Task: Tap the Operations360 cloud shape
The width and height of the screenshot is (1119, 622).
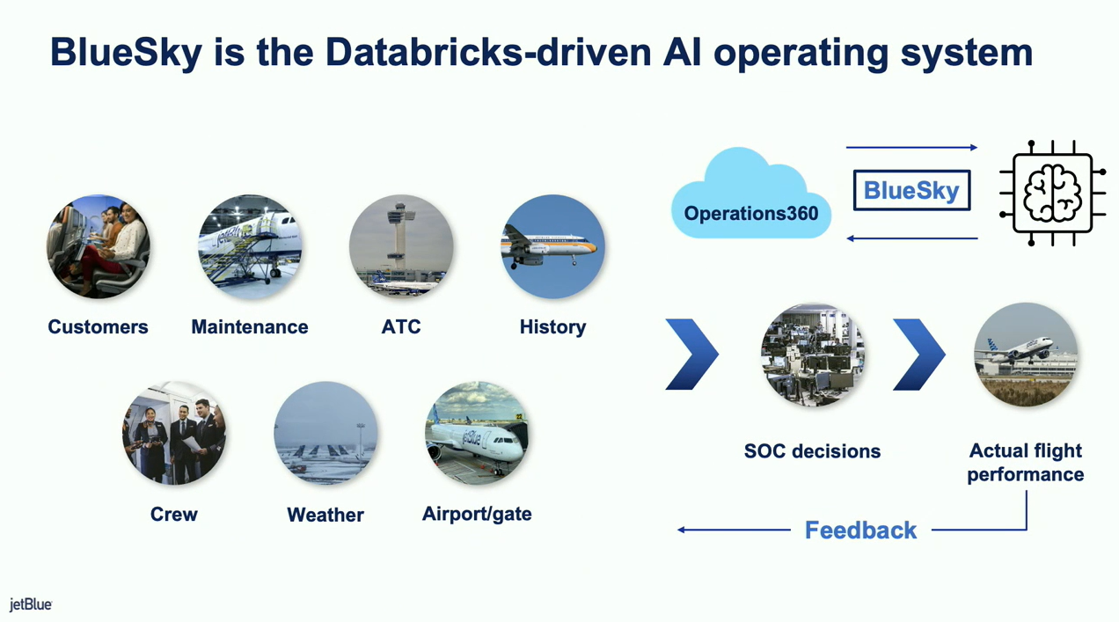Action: coord(750,193)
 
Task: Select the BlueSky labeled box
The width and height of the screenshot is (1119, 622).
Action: coord(911,190)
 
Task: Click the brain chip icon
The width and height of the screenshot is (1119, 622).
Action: coord(1052,194)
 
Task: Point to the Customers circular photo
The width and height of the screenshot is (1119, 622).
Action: coord(99,246)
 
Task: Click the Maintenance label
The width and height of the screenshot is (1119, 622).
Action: coord(250,326)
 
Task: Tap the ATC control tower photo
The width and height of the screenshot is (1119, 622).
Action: coord(401,246)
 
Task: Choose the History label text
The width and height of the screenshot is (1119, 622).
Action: coord(552,327)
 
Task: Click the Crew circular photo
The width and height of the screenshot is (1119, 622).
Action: coord(174,433)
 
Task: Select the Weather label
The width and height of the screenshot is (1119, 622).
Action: coord(325,515)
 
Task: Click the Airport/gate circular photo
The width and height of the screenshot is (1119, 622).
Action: coord(477,433)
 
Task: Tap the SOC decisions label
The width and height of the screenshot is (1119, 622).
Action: coord(812,451)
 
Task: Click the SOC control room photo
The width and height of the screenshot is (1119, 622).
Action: coord(813,355)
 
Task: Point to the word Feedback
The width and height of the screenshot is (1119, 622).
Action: coord(860,531)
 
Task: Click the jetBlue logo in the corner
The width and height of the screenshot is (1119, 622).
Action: coord(31,604)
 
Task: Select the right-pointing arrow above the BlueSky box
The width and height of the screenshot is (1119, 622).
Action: coord(911,148)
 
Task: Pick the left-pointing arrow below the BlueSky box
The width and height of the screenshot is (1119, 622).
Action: coord(911,238)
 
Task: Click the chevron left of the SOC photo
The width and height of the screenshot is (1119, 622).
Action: coord(692,355)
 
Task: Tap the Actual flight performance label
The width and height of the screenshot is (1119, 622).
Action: coord(1026,463)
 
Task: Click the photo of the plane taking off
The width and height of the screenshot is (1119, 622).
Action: coord(1026,355)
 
